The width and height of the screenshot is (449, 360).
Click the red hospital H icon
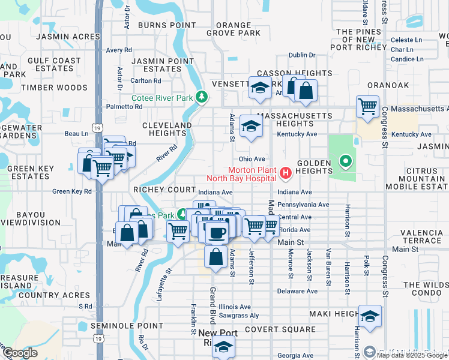[286, 174]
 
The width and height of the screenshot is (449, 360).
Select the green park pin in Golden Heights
[345, 161]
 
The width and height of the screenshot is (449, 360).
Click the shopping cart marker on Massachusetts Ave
[367, 107]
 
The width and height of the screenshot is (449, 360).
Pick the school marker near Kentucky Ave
[251, 125]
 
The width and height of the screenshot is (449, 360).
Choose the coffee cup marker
[217, 232]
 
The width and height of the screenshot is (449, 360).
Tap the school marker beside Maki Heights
[370, 316]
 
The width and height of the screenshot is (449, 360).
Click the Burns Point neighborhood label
[167, 25]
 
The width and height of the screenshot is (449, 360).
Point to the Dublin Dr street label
[301, 55]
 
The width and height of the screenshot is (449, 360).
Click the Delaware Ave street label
[297, 291]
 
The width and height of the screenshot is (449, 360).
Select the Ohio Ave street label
[252, 159]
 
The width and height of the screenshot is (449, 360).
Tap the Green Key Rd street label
[72, 191]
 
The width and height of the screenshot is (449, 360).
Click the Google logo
[20, 353]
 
